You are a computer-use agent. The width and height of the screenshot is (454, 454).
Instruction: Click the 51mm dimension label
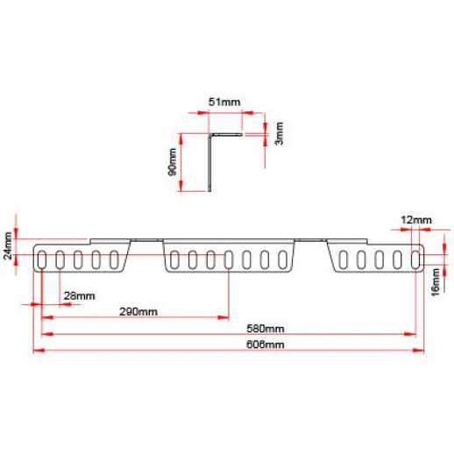click(x=224, y=103)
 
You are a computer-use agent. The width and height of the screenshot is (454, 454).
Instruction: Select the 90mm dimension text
click(x=173, y=162)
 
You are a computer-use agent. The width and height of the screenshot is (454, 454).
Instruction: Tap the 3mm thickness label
click(x=280, y=133)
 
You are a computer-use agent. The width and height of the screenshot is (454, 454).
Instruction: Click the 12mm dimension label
click(x=416, y=220)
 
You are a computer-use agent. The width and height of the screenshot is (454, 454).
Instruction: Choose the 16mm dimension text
click(x=436, y=282)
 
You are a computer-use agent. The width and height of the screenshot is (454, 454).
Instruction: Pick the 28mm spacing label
click(x=80, y=296)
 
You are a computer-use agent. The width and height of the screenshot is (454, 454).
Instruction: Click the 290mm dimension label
click(x=138, y=312)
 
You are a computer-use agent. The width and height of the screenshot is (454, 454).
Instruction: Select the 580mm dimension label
click(x=265, y=329)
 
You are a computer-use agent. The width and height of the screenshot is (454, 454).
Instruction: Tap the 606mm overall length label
click(x=265, y=344)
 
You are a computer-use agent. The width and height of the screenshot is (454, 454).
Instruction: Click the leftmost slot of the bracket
click(x=42, y=259)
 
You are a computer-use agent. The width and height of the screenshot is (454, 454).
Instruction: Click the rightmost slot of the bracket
click(x=415, y=259)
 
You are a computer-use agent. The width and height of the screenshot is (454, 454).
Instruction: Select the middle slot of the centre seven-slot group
click(x=229, y=259)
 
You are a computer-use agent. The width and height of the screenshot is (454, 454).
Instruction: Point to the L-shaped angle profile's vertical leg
click(x=209, y=163)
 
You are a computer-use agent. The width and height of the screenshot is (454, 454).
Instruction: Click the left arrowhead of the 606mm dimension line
click(x=39, y=350)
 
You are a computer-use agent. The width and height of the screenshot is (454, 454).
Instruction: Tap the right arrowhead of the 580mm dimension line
click(x=410, y=334)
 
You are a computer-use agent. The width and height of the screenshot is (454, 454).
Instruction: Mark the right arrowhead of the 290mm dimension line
click(x=223, y=317)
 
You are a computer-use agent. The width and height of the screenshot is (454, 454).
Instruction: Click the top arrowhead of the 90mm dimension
click(x=181, y=138)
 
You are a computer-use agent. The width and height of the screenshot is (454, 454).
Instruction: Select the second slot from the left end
click(x=60, y=259)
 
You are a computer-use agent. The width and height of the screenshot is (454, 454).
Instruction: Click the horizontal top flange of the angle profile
click(x=226, y=135)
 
